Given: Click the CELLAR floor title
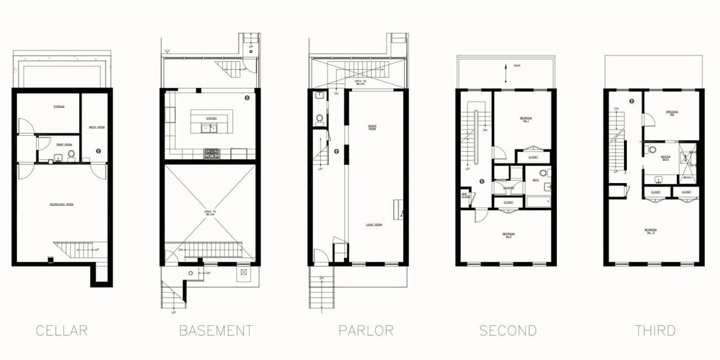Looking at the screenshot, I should (62, 331).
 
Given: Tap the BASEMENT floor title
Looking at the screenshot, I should (216, 331).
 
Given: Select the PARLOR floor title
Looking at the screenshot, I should (366, 331).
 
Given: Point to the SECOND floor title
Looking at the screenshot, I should (508, 331).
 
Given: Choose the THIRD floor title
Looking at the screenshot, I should (655, 331).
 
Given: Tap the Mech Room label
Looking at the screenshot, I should (97, 128).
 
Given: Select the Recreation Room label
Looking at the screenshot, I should (61, 205).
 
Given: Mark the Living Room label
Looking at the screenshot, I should (374, 225).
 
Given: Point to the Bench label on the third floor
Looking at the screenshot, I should (688, 178).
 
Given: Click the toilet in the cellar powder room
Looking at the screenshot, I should (71, 155).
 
